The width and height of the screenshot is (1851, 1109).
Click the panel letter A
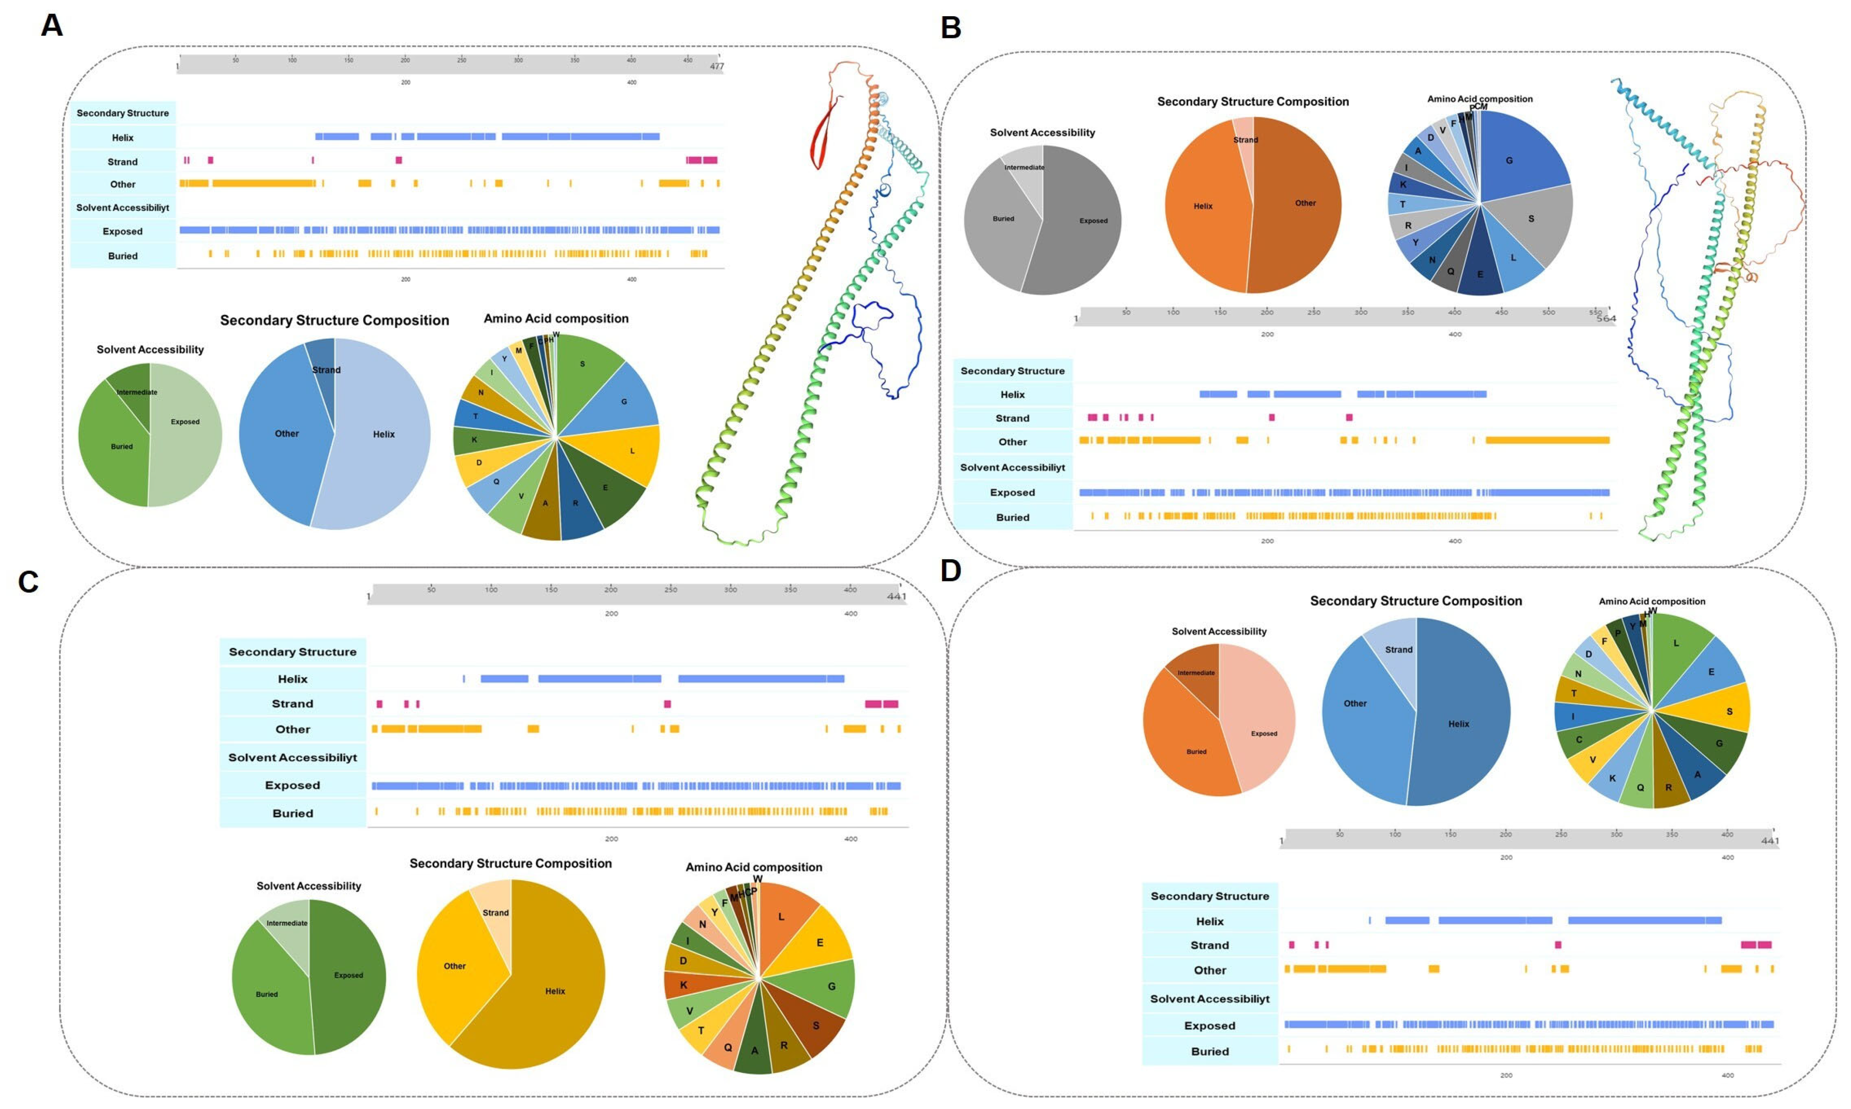pyautogui.click(x=51, y=26)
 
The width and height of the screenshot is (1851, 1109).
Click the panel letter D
pyautogui.click(x=951, y=571)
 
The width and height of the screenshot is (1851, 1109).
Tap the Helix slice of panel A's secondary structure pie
pyautogui.click(x=383, y=434)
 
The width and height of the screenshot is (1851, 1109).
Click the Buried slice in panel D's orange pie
pyautogui.click(x=1196, y=751)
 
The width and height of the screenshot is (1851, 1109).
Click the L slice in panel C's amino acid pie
pyautogui.click(x=781, y=917)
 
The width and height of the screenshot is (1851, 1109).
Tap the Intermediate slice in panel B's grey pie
pyautogui.click(x=1024, y=167)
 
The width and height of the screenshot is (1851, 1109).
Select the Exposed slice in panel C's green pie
pyautogui.click(x=348, y=975)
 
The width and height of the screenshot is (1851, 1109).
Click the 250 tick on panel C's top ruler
pyautogui.click(x=670, y=590)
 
